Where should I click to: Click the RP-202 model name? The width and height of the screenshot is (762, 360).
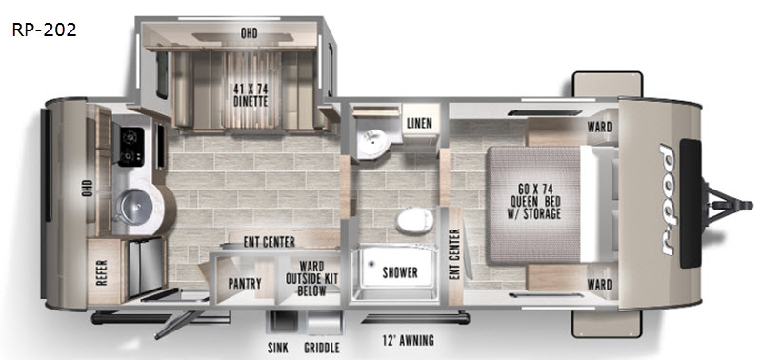click(x=44, y=30)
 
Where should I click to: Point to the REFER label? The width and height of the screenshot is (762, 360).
click(x=103, y=273)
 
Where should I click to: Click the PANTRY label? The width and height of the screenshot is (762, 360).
click(x=245, y=283)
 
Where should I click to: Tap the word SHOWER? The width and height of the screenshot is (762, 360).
click(x=400, y=272)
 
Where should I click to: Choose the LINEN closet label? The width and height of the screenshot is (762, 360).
click(x=419, y=123)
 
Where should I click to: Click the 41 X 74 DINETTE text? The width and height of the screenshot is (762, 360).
click(x=251, y=95)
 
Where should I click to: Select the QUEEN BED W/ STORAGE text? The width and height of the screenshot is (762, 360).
click(x=536, y=201)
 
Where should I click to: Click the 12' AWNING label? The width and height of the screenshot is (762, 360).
click(x=408, y=340)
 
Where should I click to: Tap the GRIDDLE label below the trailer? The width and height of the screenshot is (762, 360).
click(x=322, y=348)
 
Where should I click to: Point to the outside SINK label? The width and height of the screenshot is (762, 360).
click(x=278, y=348)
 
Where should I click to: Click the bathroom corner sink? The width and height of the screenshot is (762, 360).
click(x=372, y=137)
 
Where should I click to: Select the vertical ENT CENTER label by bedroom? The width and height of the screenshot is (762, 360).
click(x=455, y=253)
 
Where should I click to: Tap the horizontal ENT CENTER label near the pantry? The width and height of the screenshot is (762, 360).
click(x=270, y=242)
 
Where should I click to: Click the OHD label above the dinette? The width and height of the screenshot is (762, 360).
click(x=249, y=33)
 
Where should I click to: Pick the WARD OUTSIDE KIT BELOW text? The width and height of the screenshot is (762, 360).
click(x=312, y=278)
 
